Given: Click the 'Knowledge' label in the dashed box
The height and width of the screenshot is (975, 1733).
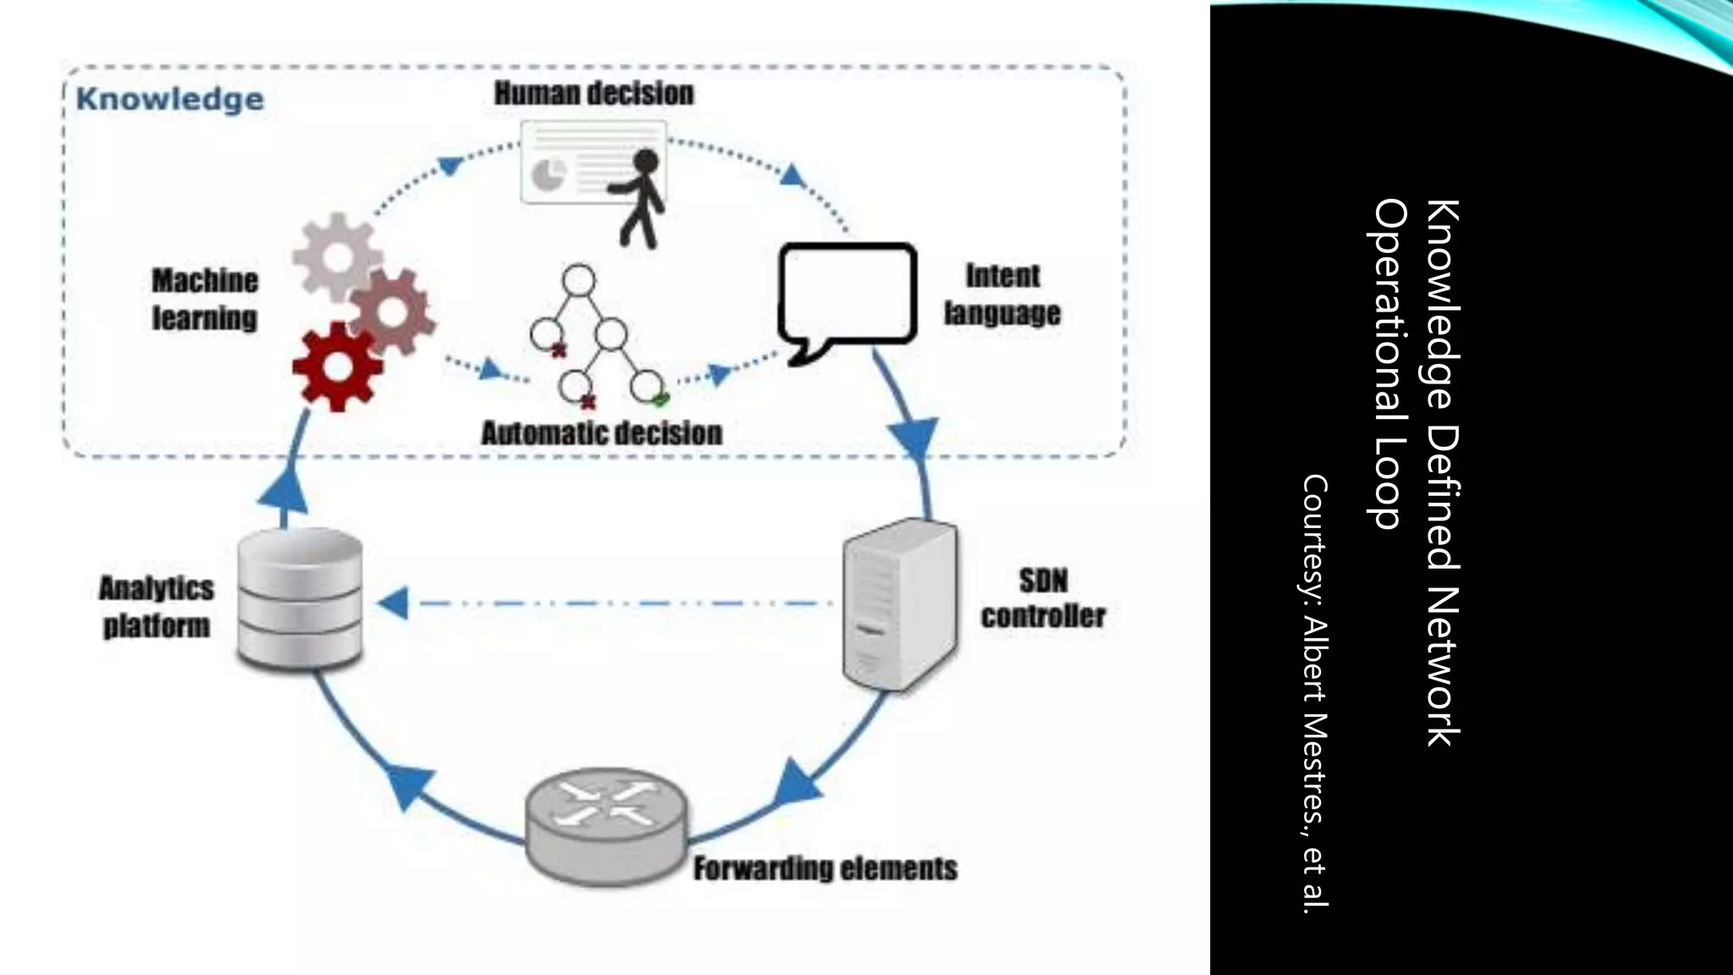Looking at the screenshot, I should click(170, 99).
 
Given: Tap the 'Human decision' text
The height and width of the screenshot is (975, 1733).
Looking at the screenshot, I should click(594, 93).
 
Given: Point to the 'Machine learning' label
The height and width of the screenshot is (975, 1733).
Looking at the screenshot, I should click(205, 300).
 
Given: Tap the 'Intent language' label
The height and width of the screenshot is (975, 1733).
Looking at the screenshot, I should click(1002, 295).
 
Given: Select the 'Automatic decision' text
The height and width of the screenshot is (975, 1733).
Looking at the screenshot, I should click(602, 433).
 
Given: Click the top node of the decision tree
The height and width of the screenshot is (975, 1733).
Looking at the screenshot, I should click(579, 280).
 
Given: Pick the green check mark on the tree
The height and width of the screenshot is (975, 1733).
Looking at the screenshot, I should click(661, 399).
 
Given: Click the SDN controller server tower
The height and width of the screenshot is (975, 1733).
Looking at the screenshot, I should click(900, 604).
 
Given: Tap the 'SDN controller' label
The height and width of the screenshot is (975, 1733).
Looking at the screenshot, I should click(1043, 598).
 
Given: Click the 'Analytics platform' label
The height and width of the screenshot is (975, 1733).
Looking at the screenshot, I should click(157, 607).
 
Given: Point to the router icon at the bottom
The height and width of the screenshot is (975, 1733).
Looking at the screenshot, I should click(606, 824).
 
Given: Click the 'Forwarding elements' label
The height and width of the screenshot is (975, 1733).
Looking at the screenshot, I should click(825, 868).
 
